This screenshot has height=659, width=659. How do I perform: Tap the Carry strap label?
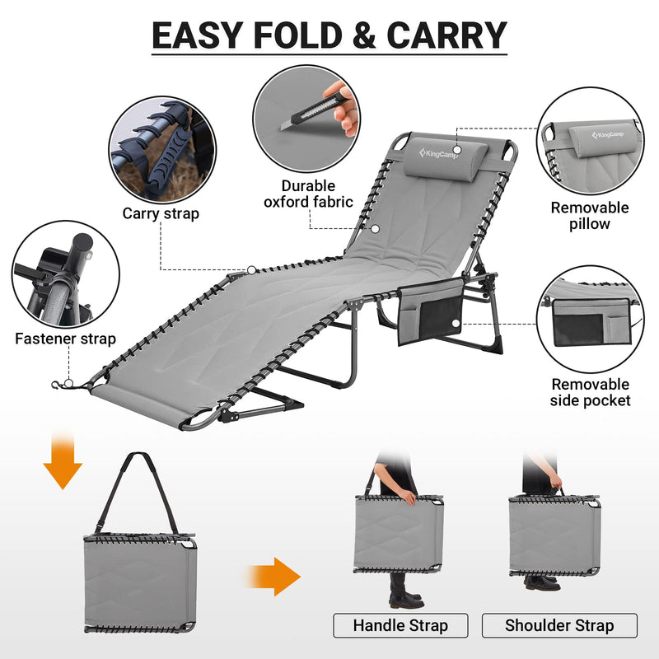point(161,213)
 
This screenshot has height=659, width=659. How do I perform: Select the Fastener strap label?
point(65,339)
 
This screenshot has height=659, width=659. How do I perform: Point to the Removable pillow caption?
point(589,216)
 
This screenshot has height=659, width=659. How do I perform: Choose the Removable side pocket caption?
point(591,392)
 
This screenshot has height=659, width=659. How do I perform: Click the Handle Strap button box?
point(400,625)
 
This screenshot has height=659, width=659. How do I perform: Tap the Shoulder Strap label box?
point(559,625)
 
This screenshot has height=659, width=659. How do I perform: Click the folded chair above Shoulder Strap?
point(554,535)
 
